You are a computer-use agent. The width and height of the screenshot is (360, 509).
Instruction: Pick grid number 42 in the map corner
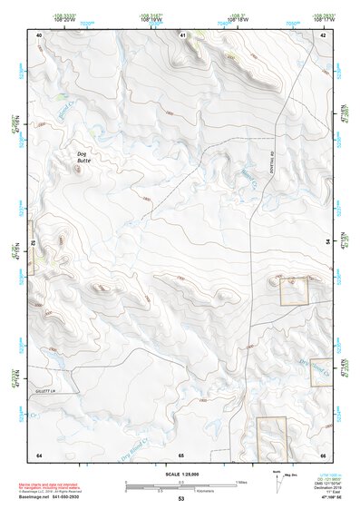[323, 34]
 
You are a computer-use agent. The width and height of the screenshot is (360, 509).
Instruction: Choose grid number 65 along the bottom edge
[181, 454]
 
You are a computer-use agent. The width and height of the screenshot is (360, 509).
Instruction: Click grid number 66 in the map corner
[323, 454]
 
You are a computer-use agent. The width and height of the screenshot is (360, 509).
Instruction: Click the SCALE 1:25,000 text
[180, 473]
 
